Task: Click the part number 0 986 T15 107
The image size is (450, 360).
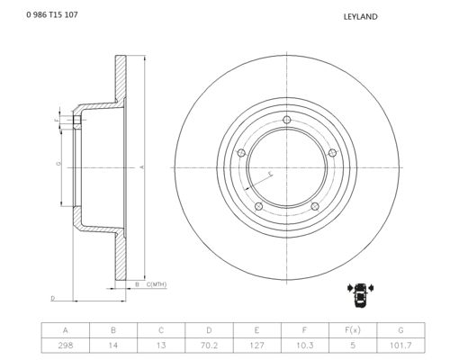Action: point(52,14)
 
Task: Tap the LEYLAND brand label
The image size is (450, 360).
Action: point(360,17)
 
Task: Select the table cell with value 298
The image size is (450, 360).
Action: point(66,346)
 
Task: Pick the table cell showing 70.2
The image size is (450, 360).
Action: point(209,346)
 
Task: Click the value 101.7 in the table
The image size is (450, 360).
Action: point(400,346)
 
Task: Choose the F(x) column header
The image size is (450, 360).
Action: point(353,330)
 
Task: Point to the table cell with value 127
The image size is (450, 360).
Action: point(257,346)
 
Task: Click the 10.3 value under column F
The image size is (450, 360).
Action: point(305,346)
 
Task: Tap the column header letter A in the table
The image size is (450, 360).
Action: point(66,330)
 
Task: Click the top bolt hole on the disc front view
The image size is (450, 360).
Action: point(287,120)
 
